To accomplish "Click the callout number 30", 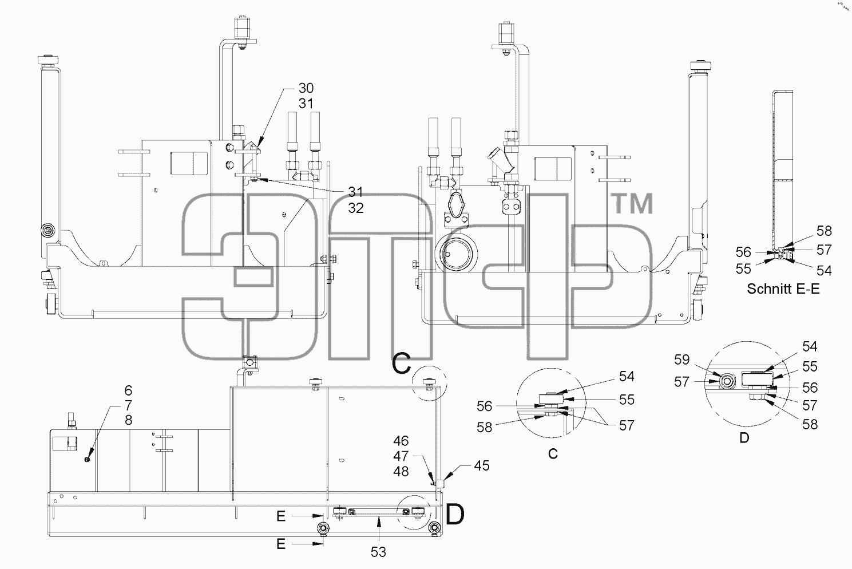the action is point(306,88).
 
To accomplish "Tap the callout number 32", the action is point(356,208).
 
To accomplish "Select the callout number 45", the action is point(482,466).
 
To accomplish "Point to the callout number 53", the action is point(378,552).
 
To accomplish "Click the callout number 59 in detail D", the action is point(681,359).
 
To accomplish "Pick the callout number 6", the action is point(128,390).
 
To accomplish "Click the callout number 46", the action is point(401,441).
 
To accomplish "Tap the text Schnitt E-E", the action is point(783,289).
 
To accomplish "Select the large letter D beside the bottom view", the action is point(455,515).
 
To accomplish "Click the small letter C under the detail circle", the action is point(553,454).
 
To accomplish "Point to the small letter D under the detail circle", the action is point(744,438).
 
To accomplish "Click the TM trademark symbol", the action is point(632,204).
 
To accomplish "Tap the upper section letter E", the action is point(281,516).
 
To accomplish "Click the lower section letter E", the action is point(281,544).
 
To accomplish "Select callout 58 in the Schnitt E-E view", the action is point(824,231).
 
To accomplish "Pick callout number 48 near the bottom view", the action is point(401,472).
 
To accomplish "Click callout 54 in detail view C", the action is point(627,377).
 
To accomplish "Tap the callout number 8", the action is point(128,420).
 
